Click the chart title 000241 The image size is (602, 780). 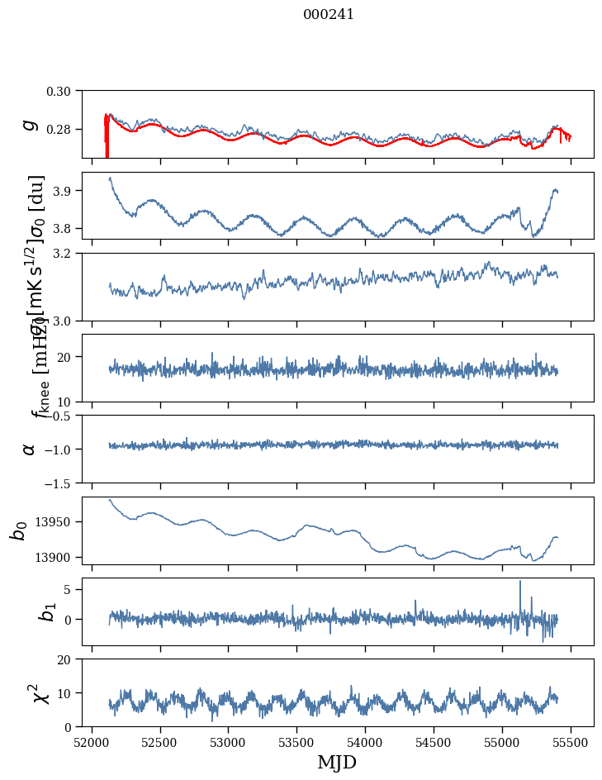pyautogui.click(x=329, y=14)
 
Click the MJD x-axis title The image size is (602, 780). pyautogui.click(x=337, y=762)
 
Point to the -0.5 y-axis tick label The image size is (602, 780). pyautogui.click(x=60, y=416)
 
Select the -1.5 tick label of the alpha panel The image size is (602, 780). pyautogui.click(x=60, y=483)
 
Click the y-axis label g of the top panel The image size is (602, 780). pyautogui.click(x=30, y=124)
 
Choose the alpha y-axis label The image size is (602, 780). pyautogui.click(x=30, y=448)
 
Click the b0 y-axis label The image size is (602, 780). pyautogui.click(x=18, y=530)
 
